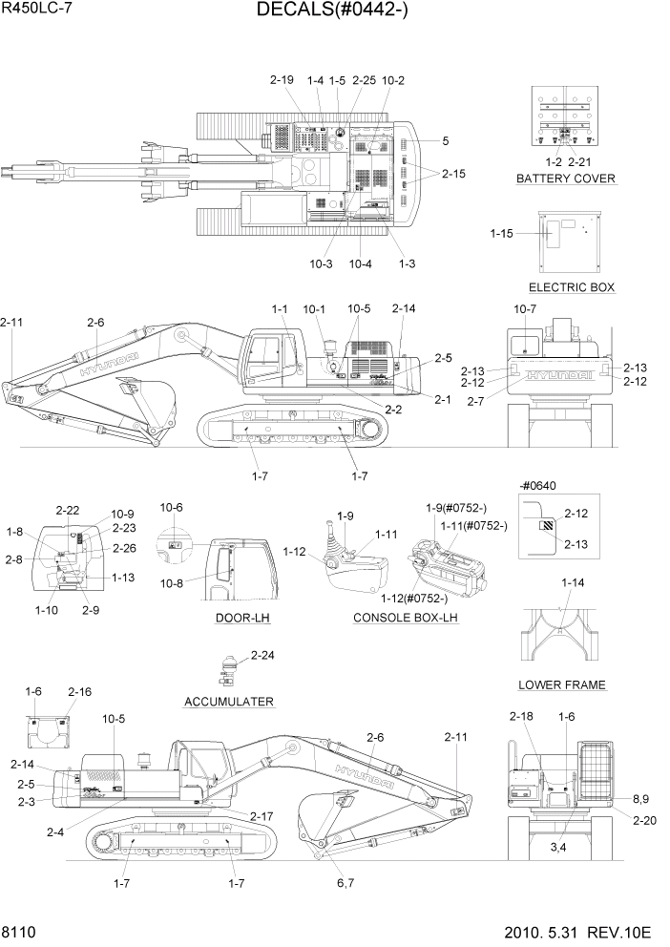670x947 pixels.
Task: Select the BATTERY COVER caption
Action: [x=565, y=179]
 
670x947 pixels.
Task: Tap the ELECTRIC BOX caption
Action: [x=571, y=287]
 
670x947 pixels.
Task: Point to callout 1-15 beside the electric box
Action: [x=501, y=233]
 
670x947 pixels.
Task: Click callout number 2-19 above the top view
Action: [x=282, y=81]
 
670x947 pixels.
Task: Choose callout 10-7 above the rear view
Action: [x=526, y=309]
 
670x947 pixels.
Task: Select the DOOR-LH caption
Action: [x=242, y=618]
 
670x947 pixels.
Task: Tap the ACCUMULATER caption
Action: [x=229, y=702]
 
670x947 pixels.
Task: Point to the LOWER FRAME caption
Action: [x=562, y=684]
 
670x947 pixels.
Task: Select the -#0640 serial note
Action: [x=538, y=485]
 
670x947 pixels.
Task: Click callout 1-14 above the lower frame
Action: [x=573, y=582]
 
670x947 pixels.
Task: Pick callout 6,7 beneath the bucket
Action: [x=345, y=884]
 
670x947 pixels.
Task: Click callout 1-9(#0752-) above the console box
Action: [x=456, y=507]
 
